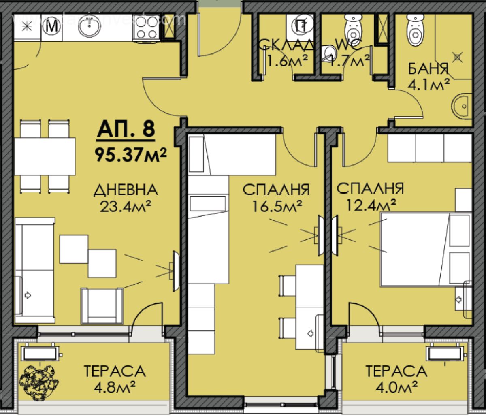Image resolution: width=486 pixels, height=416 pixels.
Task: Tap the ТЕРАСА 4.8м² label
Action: point(114,377)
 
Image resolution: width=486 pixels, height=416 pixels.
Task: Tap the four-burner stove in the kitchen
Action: point(145,27)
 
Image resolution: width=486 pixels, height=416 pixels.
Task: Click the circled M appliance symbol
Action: point(51,27)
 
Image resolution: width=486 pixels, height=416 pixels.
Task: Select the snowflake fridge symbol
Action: point(26,27)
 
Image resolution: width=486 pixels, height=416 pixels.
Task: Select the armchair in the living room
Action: point(101,305)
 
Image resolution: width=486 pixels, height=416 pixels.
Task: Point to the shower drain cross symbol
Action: point(458,58)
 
